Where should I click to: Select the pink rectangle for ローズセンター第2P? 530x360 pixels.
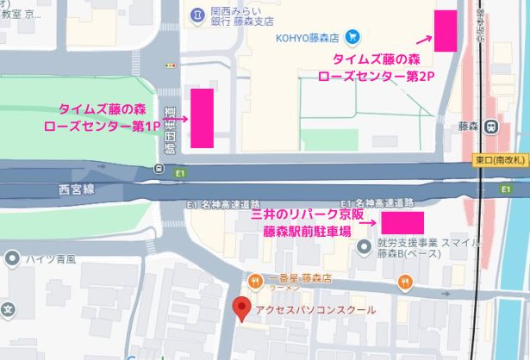pyautogui.click(x=446, y=30)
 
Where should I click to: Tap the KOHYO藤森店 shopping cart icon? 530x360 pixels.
pyautogui.click(x=352, y=37)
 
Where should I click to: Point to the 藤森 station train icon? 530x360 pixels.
pyautogui.click(x=491, y=126)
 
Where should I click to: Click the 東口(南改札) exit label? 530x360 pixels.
pyautogui.click(x=501, y=161)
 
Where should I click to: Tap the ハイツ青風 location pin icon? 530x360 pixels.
pyautogui.click(x=11, y=258)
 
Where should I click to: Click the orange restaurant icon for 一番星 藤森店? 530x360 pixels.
pyautogui.click(x=255, y=279)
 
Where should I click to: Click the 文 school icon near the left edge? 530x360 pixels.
pyautogui.click(x=8, y=307)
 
